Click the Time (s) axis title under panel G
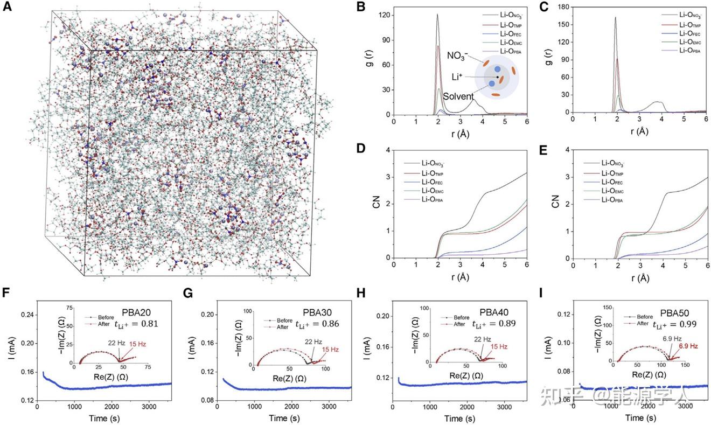tap(285, 419)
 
